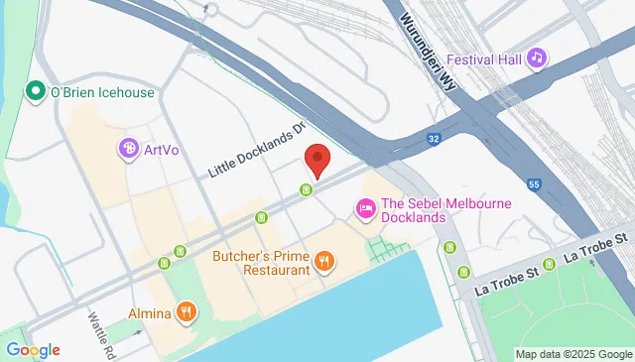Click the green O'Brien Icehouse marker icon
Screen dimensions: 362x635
pyautogui.click(x=37, y=92)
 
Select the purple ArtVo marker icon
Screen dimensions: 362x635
pyautogui.click(x=128, y=150)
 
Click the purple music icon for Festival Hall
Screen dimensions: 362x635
pyautogui.click(x=537, y=58)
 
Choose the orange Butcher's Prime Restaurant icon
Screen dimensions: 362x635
pyautogui.click(x=323, y=262)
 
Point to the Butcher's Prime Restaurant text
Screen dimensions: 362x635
pyautogui.click(x=261, y=262)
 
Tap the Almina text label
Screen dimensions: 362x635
pyautogui.click(x=150, y=313)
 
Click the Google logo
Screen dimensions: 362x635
pyautogui.click(x=33, y=349)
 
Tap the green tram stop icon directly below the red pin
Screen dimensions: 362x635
pyautogui.click(x=309, y=190)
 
